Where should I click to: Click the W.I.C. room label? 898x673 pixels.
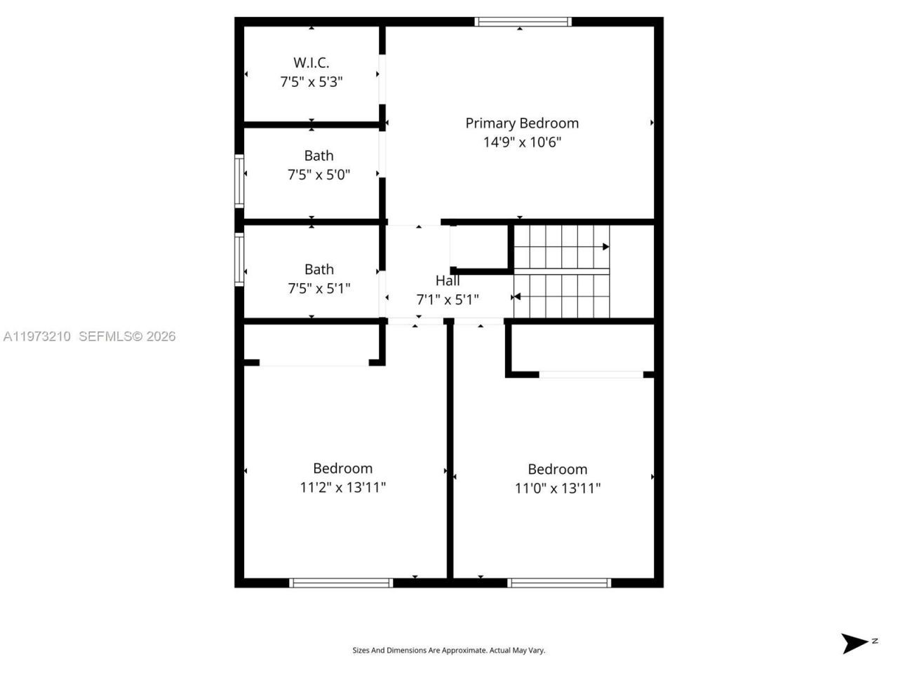tap(311, 62)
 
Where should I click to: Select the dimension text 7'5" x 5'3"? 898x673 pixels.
tap(311, 81)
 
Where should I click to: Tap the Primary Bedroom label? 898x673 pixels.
tap(522, 123)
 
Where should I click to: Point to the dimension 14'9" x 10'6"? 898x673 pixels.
tap(522, 142)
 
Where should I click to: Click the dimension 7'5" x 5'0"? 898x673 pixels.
tap(319, 175)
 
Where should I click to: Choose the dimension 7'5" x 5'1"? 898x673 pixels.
tap(319, 288)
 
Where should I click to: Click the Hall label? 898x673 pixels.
tap(448, 280)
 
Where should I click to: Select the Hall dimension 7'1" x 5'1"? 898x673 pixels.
tap(448, 300)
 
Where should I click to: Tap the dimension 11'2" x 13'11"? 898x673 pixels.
tap(342, 487)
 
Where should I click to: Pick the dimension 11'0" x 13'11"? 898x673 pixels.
tap(558, 488)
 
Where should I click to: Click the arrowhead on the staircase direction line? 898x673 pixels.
tap(605, 247)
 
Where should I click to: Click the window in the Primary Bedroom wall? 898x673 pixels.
tap(523, 22)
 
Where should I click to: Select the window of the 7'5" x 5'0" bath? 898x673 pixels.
tap(239, 180)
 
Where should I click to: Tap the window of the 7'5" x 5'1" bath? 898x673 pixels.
tap(239, 259)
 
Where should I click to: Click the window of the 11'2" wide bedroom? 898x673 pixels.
tap(341, 583)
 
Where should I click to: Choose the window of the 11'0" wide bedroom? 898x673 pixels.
tap(559, 583)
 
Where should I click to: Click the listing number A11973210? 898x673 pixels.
tap(37, 336)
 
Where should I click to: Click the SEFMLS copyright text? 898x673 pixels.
tap(127, 336)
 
